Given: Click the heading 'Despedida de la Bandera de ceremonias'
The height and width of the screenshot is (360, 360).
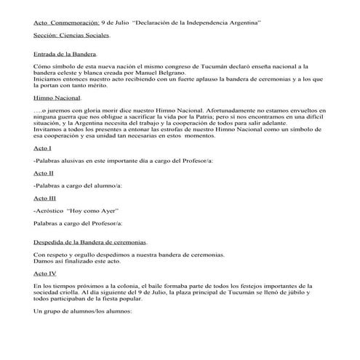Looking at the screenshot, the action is click(x=90, y=241).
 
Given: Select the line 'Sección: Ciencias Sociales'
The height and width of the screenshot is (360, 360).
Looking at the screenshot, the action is click(x=72, y=35).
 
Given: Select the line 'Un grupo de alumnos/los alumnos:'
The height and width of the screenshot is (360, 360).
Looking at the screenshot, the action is click(x=82, y=311).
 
